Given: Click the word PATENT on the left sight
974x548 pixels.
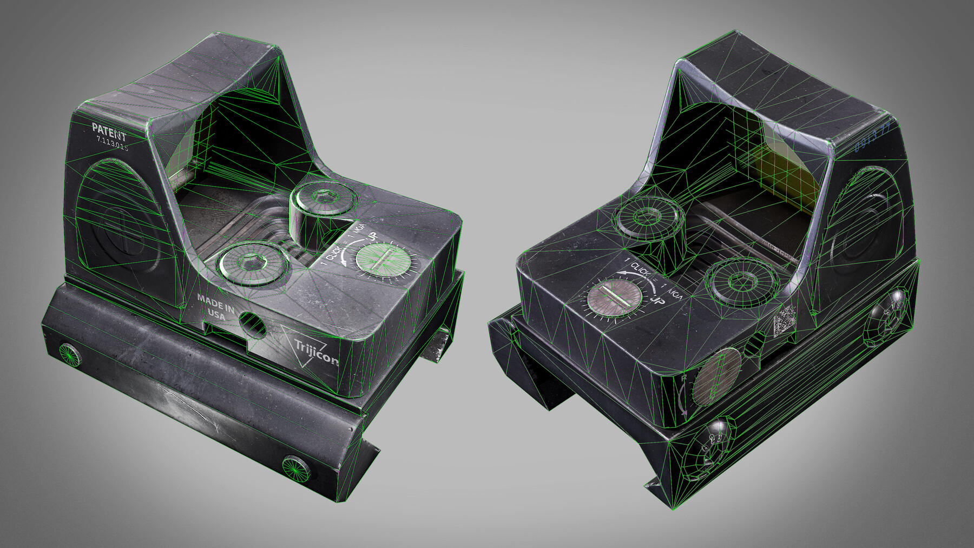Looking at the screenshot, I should [109, 130].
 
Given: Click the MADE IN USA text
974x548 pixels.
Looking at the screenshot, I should [215, 306].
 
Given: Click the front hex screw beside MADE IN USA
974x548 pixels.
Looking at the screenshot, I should [253, 265].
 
